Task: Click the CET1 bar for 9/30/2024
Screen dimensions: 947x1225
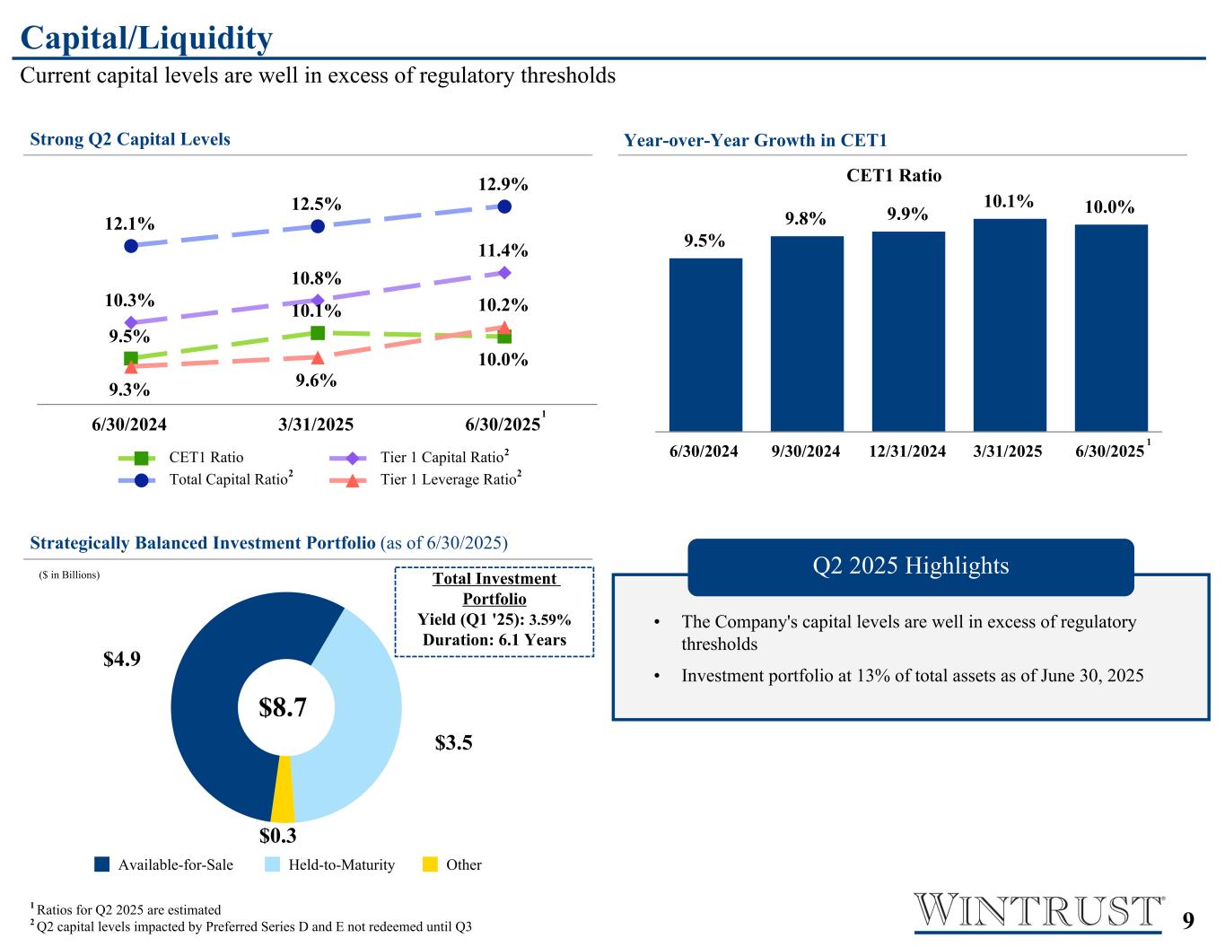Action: point(807,333)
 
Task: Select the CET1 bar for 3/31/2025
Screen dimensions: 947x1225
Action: point(1010,325)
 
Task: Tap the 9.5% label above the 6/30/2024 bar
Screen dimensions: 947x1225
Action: point(704,241)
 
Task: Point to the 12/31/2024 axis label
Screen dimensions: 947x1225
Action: point(907,452)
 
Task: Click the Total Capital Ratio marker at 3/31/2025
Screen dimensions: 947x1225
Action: point(317,226)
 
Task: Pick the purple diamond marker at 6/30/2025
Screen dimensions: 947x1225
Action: point(504,272)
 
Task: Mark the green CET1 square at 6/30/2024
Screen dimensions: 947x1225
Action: point(131,358)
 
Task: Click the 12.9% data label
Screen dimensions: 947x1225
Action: point(503,185)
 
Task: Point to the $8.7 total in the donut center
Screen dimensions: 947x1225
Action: point(284,707)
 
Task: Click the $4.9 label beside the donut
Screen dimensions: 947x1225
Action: point(122,659)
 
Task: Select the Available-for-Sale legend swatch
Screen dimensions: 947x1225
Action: point(102,864)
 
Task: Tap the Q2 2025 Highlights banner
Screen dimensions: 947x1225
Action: point(910,566)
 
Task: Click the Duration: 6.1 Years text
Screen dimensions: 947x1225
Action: point(494,640)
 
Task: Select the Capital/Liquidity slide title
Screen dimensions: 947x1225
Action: point(146,39)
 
